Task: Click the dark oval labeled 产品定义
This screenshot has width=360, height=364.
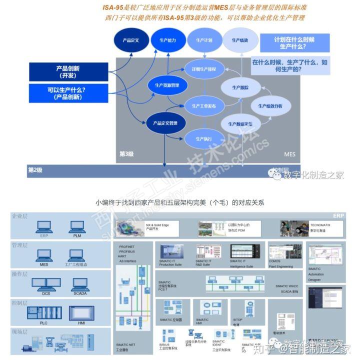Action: tap(130, 40)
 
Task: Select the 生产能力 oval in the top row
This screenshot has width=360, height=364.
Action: tap(167, 40)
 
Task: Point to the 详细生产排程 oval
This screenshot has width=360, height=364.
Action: tap(200, 69)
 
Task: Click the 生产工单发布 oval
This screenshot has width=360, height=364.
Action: tap(200, 106)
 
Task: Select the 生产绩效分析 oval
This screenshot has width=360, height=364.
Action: tap(270, 106)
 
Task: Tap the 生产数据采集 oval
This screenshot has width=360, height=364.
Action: tap(240, 123)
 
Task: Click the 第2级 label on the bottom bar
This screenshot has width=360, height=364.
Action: tap(35, 170)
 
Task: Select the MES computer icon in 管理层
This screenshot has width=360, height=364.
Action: tap(44, 256)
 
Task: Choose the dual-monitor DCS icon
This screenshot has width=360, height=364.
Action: tap(46, 285)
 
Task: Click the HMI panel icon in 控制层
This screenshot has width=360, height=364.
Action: tap(81, 313)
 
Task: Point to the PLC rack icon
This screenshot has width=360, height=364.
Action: tap(44, 313)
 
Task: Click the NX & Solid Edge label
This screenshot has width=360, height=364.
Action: tap(158, 225)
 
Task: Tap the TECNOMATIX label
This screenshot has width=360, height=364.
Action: tap(320, 225)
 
